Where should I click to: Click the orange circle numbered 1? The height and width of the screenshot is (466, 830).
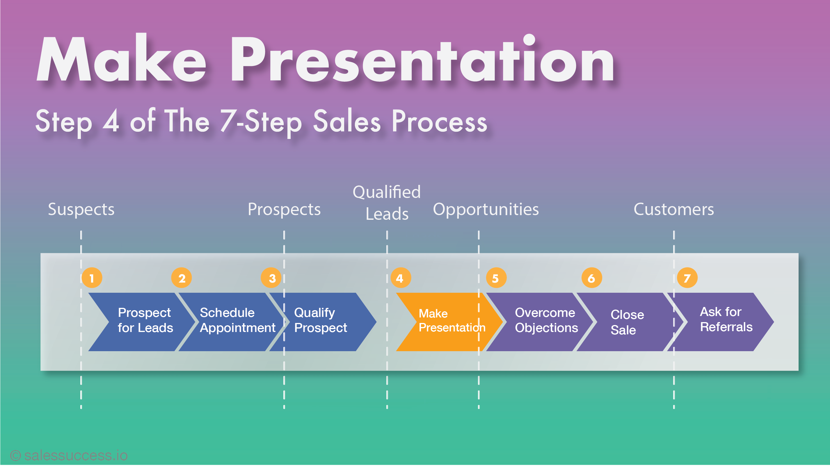[92, 278]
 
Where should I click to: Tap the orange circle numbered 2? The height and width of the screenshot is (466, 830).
[182, 278]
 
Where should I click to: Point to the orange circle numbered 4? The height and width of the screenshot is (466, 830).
[401, 278]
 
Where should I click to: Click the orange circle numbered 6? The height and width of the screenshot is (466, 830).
[591, 278]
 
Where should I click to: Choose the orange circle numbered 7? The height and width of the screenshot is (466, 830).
[687, 278]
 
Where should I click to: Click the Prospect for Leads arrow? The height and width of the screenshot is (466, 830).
[142, 322]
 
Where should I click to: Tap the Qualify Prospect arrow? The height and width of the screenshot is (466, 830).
[322, 322]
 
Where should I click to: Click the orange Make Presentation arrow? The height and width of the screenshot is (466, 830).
[449, 322]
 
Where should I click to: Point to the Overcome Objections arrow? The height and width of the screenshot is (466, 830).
[540, 322]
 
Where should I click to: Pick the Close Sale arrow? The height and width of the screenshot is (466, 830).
[630, 322]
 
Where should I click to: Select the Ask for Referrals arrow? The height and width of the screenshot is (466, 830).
[720, 322]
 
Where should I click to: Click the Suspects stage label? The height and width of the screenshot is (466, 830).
[81, 209]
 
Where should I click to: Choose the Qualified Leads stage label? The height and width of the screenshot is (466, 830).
[387, 203]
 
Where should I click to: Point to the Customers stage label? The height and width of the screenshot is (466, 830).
[674, 209]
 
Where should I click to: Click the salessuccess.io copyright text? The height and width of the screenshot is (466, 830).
[69, 455]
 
